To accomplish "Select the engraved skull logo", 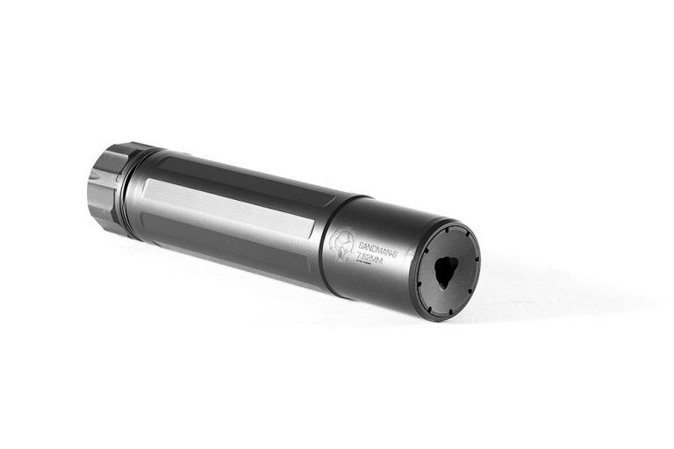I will [341, 246].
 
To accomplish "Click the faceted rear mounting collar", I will [107, 187].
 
